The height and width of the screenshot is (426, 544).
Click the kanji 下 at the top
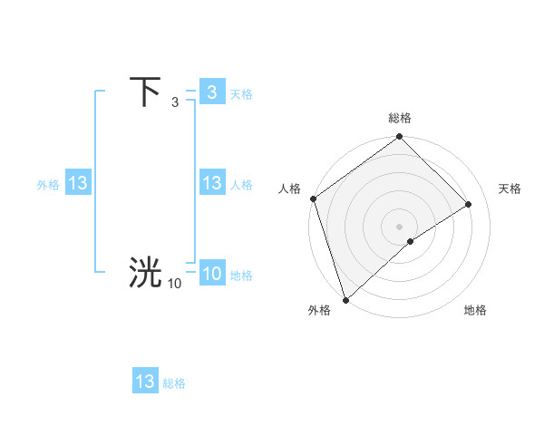[145, 92]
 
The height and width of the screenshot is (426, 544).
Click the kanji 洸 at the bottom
[145, 273]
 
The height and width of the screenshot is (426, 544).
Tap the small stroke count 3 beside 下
[175, 103]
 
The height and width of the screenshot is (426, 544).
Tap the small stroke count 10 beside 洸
[174, 284]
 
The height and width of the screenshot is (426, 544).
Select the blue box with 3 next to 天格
[211, 92]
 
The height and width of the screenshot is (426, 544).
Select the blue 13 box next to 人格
[211, 183]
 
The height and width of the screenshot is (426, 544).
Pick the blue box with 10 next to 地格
[211, 274]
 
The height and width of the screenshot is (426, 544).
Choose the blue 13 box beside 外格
[77, 183]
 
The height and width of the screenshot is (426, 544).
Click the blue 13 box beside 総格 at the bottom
[145, 382]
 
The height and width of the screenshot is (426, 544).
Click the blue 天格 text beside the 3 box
[241, 93]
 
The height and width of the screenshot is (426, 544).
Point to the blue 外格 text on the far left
[48, 184]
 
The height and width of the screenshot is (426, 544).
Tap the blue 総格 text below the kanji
[174, 383]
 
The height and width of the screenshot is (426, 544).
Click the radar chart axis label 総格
[400, 118]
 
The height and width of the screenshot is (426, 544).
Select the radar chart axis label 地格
[475, 310]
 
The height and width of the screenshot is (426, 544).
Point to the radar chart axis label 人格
[290, 189]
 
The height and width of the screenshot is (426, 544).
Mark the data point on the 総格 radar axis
[400, 138]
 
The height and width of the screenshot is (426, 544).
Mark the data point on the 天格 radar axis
[469, 204]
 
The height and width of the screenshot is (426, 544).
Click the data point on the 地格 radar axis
[411, 241]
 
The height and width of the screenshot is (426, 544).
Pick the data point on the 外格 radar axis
[345, 299]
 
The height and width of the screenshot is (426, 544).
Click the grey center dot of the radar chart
[399, 226]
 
